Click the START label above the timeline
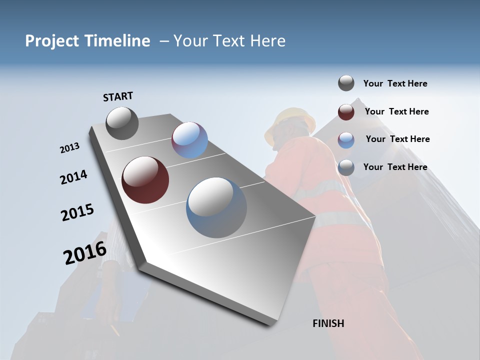coord(118,96)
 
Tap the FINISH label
coord(328,323)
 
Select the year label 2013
coord(69,148)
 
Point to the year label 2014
coord(73,177)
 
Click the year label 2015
coord(77,212)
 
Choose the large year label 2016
coord(85,253)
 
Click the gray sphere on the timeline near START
coord(122,123)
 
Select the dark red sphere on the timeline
coord(145,180)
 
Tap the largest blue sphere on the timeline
coord(216,207)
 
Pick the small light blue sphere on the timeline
coord(189,140)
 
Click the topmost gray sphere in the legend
coord(346,83)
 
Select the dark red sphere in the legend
coord(346,112)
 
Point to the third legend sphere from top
coord(346,140)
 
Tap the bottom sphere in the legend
coord(346,167)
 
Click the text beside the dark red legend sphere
coord(396,111)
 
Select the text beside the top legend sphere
coord(395,83)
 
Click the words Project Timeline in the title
coord(87,41)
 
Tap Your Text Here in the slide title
coord(229,41)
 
